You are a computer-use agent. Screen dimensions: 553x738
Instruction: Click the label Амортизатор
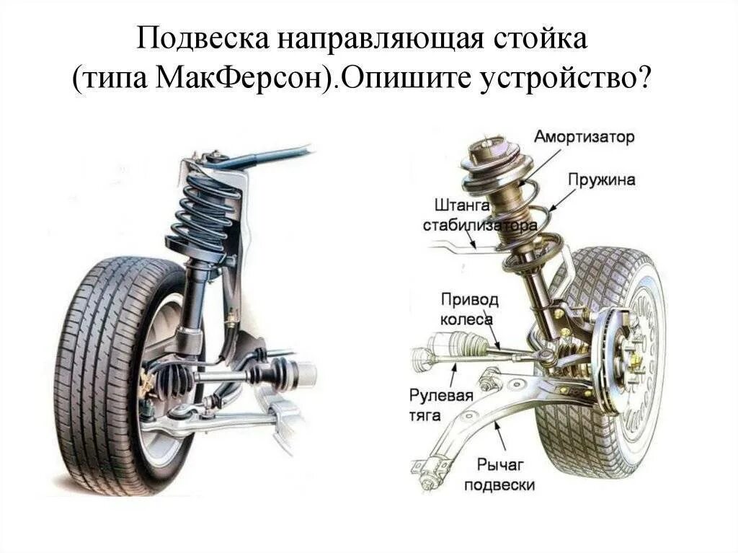[x=584, y=137]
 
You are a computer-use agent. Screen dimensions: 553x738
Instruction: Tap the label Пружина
[x=601, y=180]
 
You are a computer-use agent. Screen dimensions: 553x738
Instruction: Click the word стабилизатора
[x=479, y=226]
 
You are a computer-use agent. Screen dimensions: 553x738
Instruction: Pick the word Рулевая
[x=441, y=395]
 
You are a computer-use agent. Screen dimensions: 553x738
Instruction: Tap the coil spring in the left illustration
[x=205, y=209]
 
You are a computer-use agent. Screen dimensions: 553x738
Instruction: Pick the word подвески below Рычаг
[x=499, y=485]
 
